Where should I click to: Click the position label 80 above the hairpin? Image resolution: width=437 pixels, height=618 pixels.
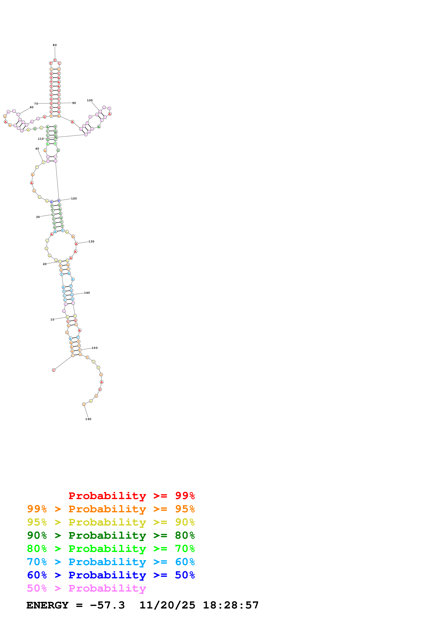(x=55, y=45)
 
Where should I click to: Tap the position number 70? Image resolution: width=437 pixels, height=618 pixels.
(x=36, y=104)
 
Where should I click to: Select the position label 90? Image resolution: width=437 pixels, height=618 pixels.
(x=74, y=103)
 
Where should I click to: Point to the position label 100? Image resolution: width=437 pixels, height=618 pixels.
(x=90, y=100)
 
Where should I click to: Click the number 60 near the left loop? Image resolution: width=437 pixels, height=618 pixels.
(x=32, y=107)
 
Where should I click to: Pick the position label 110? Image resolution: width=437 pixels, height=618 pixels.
(x=41, y=139)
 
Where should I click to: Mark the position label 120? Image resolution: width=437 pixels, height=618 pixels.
(x=74, y=198)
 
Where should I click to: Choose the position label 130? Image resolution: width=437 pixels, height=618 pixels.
(x=91, y=242)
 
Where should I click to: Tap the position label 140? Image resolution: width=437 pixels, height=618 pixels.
(x=87, y=293)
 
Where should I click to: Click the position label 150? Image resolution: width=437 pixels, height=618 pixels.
(x=94, y=348)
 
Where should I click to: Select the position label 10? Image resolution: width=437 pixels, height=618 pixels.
(x=52, y=320)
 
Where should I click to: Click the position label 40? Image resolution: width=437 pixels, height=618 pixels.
(x=37, y=149)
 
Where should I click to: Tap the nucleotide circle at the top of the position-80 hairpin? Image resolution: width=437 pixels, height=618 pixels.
(x=55, y=60)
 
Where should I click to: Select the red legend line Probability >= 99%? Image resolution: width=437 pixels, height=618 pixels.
(x=131, y=496)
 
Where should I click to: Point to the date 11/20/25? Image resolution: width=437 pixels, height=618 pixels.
(x=167, y=605)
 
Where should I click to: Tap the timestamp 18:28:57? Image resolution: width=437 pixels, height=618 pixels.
(x=230, y=605)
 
